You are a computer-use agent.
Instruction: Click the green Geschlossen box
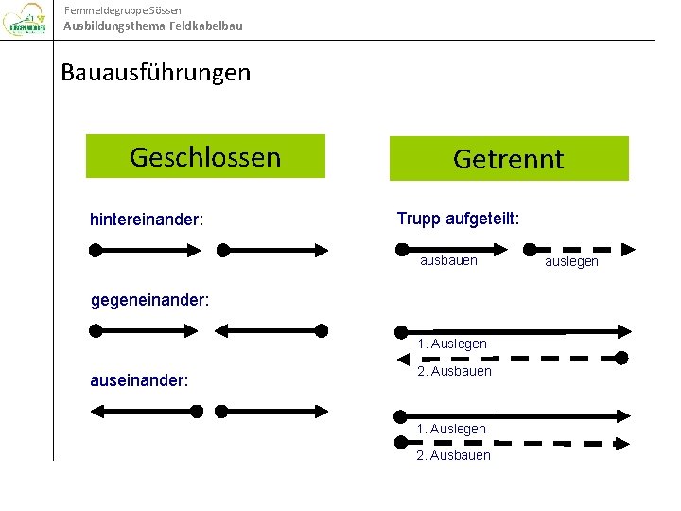205,156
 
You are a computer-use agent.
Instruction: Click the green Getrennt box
509,158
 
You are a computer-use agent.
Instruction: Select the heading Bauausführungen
156,73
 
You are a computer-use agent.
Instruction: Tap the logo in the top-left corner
26,22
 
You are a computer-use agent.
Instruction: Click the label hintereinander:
147,220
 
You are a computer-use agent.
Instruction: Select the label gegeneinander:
149,301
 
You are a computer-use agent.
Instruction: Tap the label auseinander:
139,380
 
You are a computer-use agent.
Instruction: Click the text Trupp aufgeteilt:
458,219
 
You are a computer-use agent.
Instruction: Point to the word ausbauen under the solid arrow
448,259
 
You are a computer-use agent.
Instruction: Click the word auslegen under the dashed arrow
572,261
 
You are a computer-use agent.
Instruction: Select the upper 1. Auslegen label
452,344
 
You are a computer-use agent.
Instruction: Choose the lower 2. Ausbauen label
454,455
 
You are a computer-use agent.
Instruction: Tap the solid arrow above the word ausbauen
454,249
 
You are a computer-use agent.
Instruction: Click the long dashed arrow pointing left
511,358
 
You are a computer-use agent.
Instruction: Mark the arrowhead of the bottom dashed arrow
623,443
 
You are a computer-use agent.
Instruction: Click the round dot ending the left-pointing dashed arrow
621,358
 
